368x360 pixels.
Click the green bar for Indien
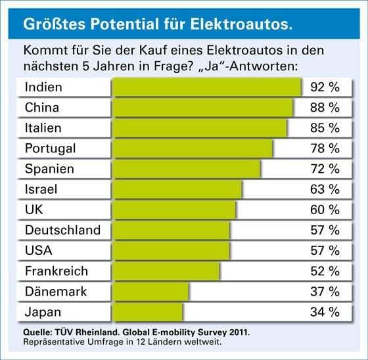point(207,87)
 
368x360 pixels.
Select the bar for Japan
point(148,311)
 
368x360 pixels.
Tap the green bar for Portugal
point(193,148)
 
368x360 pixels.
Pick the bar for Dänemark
point(151,291)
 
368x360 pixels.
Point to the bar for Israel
point(177,189)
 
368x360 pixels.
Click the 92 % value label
point(325,87)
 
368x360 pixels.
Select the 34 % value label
point(325,311)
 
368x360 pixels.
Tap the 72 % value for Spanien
point(325,169)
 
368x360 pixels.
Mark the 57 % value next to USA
point(325,250)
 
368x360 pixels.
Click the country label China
point(42,108)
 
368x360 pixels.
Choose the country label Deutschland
point(62,230)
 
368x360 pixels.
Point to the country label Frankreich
point(56,271)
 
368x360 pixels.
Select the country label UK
point(34,210)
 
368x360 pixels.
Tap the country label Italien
point(43,128)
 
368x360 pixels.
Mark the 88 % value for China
point(325,108)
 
